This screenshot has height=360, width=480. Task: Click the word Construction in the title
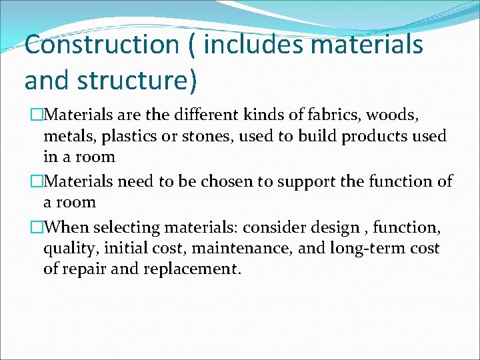point(102,45)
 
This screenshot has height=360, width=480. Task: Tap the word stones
point(203,137)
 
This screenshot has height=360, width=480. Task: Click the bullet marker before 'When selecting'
point(29,227)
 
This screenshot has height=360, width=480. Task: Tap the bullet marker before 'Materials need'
point(29,181)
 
